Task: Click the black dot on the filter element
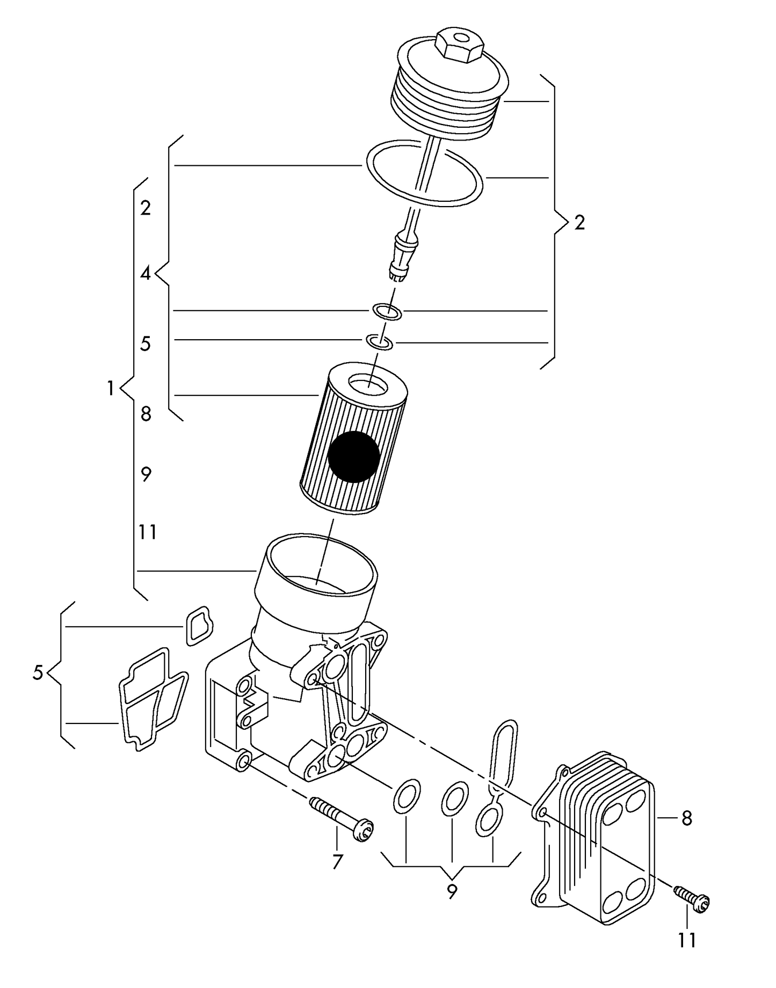point(353,456)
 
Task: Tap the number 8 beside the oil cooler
point(686,818)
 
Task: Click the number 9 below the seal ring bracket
point(452,892)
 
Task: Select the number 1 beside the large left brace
point(110,387)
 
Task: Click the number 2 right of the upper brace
point(579,222)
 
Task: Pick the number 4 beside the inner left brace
point(146,274)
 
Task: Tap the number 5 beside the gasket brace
point(38,672)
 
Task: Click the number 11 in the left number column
point(148,532)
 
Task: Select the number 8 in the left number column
point(146,414)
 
